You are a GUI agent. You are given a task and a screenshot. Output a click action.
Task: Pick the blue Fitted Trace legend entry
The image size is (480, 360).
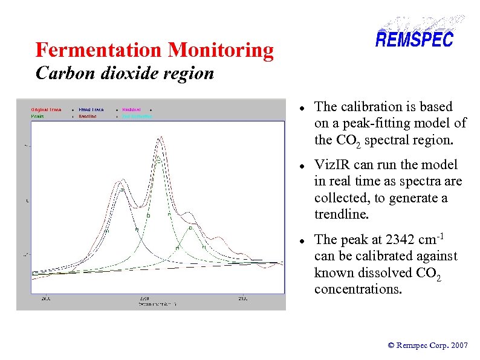[91, 110]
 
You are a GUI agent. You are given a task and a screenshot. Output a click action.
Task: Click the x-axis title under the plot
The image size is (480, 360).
[146, 304]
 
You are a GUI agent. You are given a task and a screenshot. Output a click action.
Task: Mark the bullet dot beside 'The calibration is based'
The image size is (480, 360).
[302, 108]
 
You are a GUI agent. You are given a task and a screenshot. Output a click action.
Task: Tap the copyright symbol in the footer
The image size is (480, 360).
[391, 346]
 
